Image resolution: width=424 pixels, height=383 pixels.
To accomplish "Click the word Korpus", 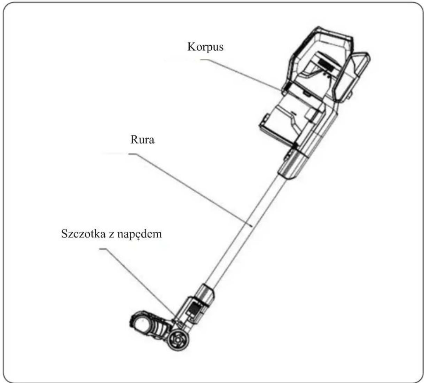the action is [x=205, y=47].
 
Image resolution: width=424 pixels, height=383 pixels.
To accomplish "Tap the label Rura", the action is [x=142, y=140].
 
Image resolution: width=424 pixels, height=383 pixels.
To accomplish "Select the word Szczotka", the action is [x=83, y=234].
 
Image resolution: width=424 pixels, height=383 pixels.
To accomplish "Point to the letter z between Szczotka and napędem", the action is [x=111, y=235].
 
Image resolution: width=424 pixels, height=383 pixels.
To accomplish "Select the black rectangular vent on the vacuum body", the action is [x=326, y=64].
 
